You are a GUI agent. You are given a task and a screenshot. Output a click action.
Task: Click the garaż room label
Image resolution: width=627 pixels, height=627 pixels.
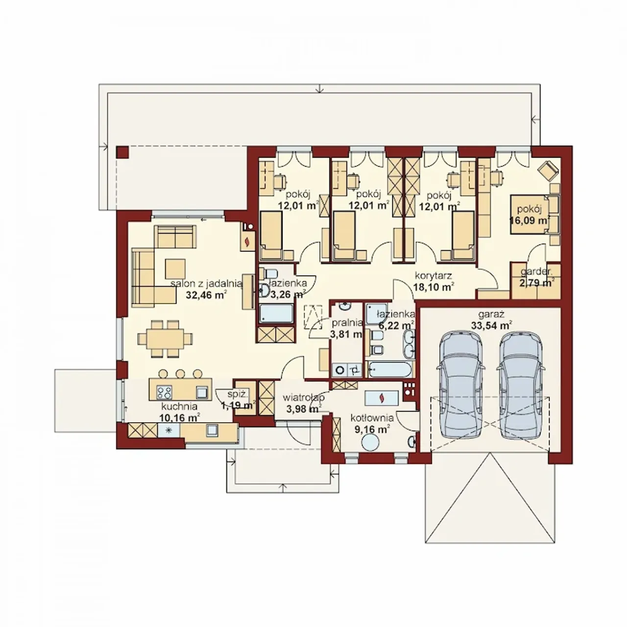(491, 314)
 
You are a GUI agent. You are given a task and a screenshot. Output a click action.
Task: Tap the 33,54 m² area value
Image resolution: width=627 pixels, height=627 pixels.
(491, 325)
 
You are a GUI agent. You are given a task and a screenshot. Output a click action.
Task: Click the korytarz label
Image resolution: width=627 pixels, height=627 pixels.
(434, 276)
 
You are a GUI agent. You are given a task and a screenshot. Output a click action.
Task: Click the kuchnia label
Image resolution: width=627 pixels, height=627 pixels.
(179, 407)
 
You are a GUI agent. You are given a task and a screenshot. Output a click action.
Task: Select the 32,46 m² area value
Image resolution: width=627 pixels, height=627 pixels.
(206, 295)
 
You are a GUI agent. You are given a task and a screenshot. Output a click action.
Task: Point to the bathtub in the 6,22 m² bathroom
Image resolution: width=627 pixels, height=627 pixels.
(390, 370)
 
